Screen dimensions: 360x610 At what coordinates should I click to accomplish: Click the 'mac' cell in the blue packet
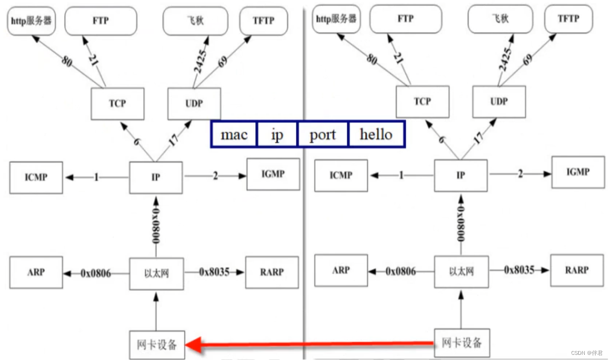coord(234,135)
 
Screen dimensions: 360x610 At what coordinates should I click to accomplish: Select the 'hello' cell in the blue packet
coord(376,135)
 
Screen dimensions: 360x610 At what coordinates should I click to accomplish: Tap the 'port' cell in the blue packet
coord(323,135)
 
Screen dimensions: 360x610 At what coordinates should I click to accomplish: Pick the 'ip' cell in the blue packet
coord(277,135)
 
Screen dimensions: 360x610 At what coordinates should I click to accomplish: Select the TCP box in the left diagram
coord(117,103)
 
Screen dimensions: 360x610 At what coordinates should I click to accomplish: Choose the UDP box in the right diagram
coord(499,101)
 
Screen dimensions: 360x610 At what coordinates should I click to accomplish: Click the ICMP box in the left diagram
coord(36,178)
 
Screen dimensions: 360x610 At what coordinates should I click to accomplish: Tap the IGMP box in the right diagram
coord(578,172)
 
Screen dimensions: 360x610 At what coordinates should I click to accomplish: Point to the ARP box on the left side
coord(36,272)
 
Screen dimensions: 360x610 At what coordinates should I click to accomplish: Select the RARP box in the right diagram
coord(577,270)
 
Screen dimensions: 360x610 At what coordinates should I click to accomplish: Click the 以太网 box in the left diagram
coord(156,273)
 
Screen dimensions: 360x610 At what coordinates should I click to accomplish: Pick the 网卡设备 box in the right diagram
coord(461,343)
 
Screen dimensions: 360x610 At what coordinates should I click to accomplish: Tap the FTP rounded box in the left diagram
coord(100,21)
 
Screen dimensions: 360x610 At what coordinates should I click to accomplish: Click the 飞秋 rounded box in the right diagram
coord(500,19)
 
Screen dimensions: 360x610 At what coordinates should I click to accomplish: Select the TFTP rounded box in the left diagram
coord(263,21)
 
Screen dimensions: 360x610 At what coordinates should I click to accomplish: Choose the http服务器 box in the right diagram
coord(336,19)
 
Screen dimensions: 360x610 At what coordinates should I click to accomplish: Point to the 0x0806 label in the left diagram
coord(95,273)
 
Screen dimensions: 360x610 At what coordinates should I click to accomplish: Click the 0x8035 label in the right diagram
coord(519,270)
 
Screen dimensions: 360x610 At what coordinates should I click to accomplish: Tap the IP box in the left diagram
coord(156,178)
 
